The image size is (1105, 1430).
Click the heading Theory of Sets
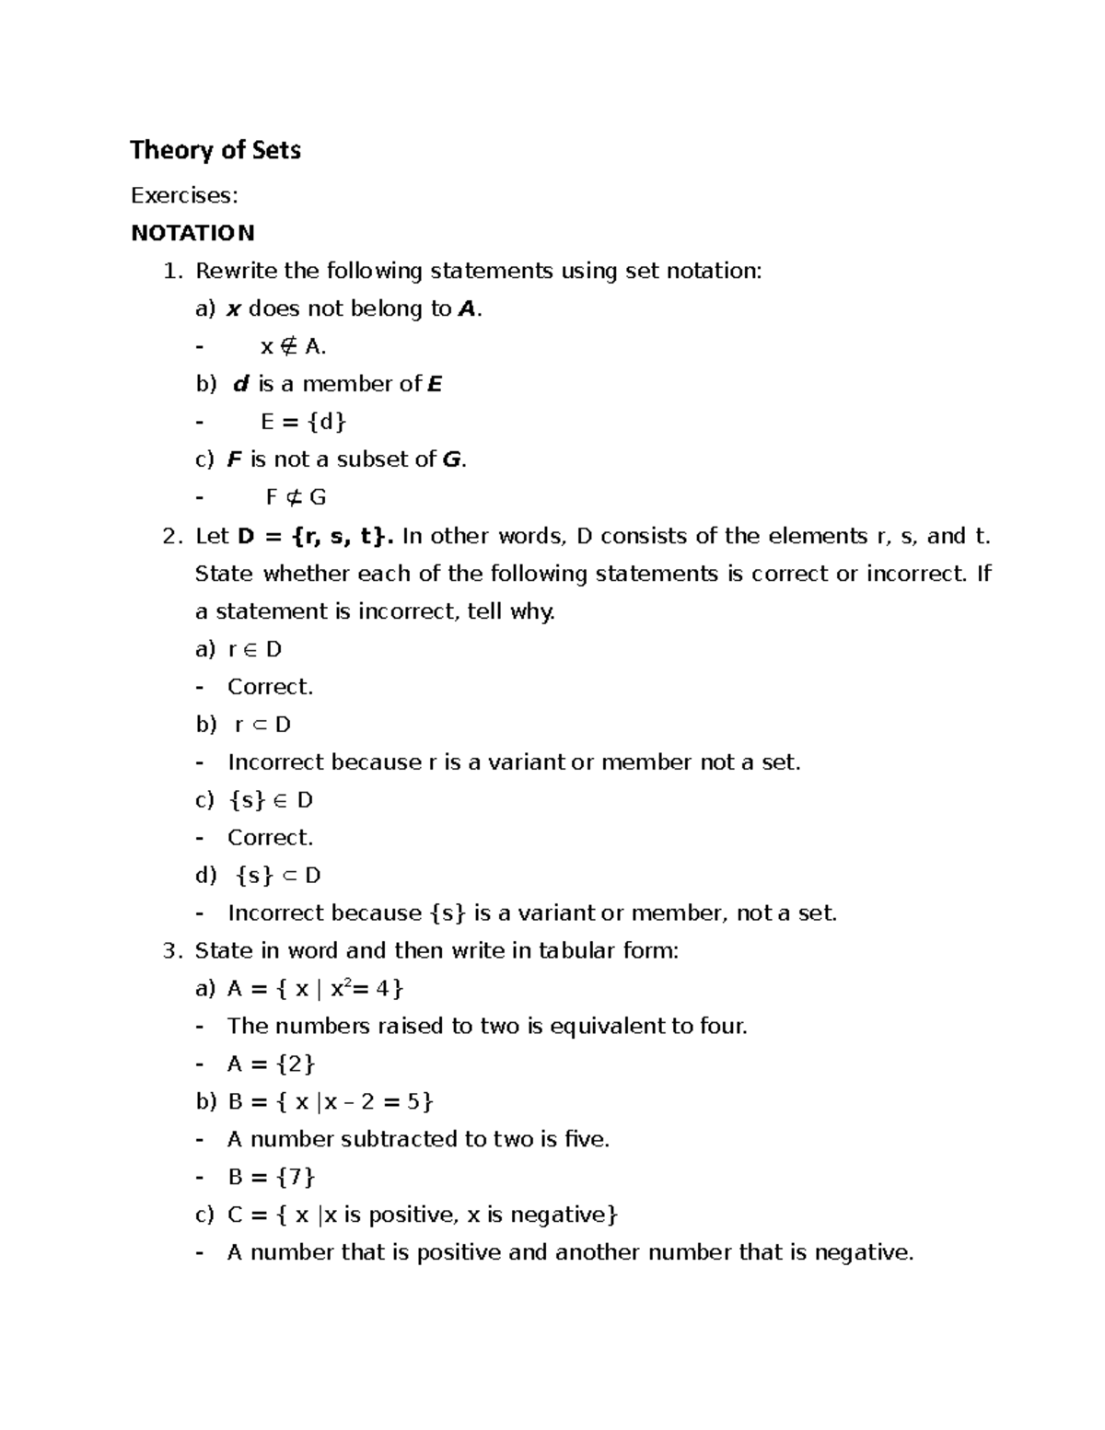click(215, 150)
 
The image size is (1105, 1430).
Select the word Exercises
click(183, 195)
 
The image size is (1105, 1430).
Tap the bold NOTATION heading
click(192, 233)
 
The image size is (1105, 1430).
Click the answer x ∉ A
click(293, 346)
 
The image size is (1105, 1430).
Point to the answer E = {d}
click(303, 422)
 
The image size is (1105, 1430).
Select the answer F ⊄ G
click(296, 497)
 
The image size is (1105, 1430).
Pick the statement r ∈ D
click(254, 649)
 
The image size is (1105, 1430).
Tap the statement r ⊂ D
click(262, 725)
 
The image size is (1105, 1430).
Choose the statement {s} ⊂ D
click(277, 876)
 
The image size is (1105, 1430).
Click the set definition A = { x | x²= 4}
click(315, 989)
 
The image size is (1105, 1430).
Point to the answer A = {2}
click(271, 1064)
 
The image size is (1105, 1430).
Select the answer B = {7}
click(271, 1177)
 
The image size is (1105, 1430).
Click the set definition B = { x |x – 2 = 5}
click(330, 1102)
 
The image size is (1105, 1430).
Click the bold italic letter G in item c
click(451, 459)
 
